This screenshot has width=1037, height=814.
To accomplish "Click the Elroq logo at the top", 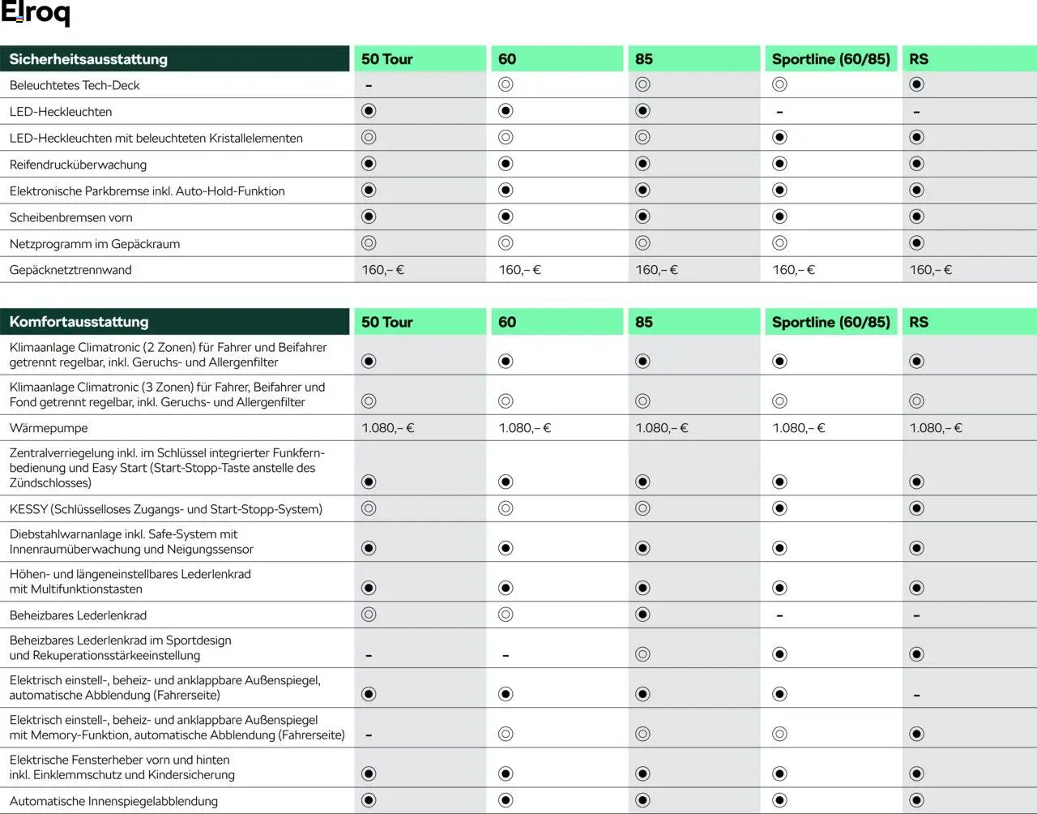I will [x=36, y=14].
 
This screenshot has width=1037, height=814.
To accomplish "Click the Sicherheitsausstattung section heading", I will [x=88, y=59].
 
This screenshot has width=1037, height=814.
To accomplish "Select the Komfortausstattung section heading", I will [x=79, y=322].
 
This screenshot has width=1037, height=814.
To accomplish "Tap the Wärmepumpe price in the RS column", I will [x=936, y=428].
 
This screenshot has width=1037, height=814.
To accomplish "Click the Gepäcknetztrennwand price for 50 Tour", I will [x=382, y=270].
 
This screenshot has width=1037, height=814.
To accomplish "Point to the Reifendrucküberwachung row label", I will [x=78, y=165].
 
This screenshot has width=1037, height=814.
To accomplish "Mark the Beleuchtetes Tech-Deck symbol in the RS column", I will [x=916, y=84].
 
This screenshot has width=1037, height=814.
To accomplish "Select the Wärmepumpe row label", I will [x=49, y=428].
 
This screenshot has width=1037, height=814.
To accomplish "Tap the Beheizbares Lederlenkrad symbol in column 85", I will [x=642, y=615].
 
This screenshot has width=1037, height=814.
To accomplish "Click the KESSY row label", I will [x=165, y=509].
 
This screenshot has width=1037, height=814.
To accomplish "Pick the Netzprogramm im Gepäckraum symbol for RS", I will [x=916, y=243].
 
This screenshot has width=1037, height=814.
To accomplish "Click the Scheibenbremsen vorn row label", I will [x=70, y=217].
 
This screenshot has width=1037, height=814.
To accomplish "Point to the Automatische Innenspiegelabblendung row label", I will [x=113, y=801].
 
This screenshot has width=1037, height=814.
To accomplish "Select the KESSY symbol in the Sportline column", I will [x=779, y=508].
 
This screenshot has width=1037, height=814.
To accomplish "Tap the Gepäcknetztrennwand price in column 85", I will [x=656, y=270].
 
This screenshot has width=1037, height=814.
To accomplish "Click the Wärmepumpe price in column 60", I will [x=524, y=428].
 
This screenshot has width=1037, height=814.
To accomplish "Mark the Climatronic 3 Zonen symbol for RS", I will [x=916, y=401].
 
